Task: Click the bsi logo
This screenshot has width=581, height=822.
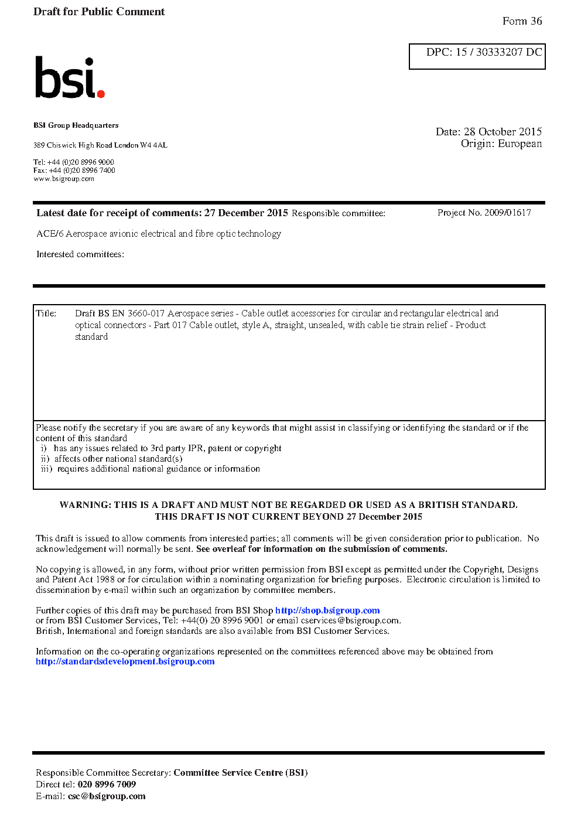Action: pos(69,78)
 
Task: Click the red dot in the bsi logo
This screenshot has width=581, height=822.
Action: pos(101,93)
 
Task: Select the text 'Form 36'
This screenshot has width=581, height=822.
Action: pos(522,21)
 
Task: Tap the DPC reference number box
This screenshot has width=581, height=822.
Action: pos(477,56)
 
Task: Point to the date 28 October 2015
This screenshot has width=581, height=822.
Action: pos(503,132)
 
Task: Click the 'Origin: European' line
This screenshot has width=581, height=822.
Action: pos(501,144)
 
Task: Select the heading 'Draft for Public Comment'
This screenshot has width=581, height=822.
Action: pos(99,12)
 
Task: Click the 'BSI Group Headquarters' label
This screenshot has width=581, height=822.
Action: pos(76,125)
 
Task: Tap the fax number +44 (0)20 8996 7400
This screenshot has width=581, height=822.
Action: pos(82,170)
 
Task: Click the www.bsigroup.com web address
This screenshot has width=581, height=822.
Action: pos(64,179)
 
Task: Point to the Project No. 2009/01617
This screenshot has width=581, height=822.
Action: pos(484,213)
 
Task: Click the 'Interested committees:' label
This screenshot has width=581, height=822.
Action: pos(80,254)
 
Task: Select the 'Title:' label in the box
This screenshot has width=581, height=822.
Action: pos(46,313)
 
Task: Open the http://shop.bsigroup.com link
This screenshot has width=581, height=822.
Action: pos(327,610)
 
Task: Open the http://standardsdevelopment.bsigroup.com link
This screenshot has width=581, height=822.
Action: pos(125,661)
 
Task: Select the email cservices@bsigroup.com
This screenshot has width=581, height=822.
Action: pos(350,620)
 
